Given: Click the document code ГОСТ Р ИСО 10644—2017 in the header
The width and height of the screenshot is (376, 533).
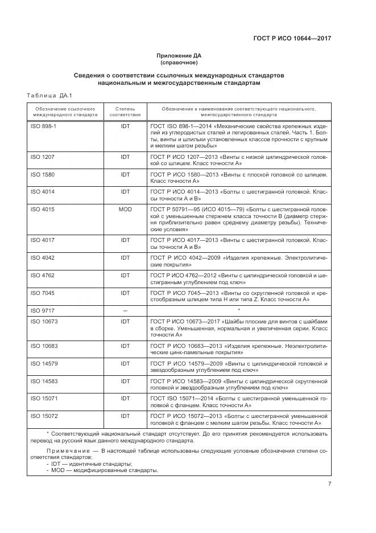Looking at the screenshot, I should [292, 39].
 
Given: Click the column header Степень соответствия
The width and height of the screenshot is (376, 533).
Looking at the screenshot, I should [125, 111].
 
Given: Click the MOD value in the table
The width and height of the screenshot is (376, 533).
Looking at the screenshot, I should [125, 209].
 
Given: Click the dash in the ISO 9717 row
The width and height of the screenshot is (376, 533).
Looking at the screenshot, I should [125, 310].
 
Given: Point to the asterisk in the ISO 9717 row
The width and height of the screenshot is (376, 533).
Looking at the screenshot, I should [239, 310].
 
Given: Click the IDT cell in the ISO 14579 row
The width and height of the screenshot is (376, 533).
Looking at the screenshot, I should [125, 363].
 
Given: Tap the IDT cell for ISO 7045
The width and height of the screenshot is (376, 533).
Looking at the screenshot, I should [125, 293].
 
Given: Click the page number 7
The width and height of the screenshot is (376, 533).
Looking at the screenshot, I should [330, 484].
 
